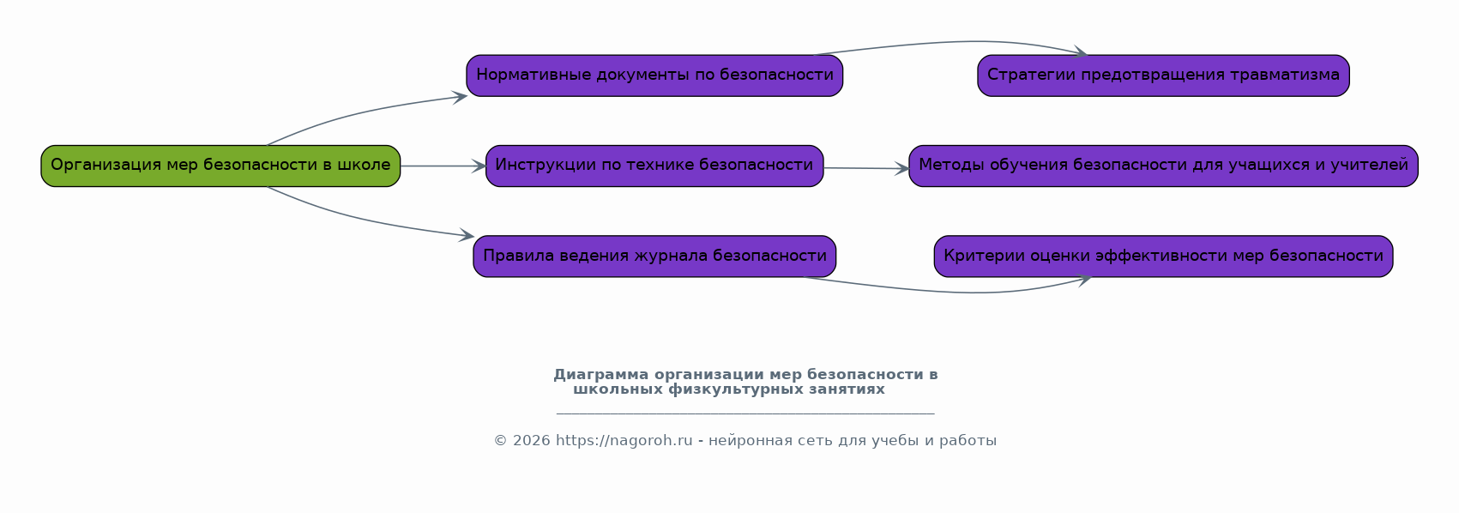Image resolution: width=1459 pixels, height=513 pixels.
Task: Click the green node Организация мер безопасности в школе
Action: point(220,166)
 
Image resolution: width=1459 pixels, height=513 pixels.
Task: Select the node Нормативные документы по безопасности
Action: point(654,75)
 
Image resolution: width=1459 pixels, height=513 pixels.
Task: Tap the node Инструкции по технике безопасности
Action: point(654,166)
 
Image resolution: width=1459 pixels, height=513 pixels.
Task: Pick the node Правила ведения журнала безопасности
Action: point(654,256)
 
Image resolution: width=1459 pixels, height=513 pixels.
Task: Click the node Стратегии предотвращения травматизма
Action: point(1163,75)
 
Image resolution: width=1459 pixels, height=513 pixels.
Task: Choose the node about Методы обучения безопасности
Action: point(1163,166)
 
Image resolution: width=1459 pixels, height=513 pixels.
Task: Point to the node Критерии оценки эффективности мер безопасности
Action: point(1163,256)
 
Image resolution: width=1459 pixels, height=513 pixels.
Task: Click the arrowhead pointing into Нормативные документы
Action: point(461,96)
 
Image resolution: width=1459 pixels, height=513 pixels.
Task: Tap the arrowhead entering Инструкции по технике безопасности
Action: point(479,166)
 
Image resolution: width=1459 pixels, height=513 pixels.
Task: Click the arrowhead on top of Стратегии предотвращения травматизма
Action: point(1080,53)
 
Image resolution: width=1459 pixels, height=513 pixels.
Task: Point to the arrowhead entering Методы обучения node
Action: point(901,169)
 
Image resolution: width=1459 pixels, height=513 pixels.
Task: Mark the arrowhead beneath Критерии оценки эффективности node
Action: point(1083,279)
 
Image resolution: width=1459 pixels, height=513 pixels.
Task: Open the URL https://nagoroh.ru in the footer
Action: point(624,441)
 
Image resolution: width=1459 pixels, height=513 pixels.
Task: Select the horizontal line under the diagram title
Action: point(745,413)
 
